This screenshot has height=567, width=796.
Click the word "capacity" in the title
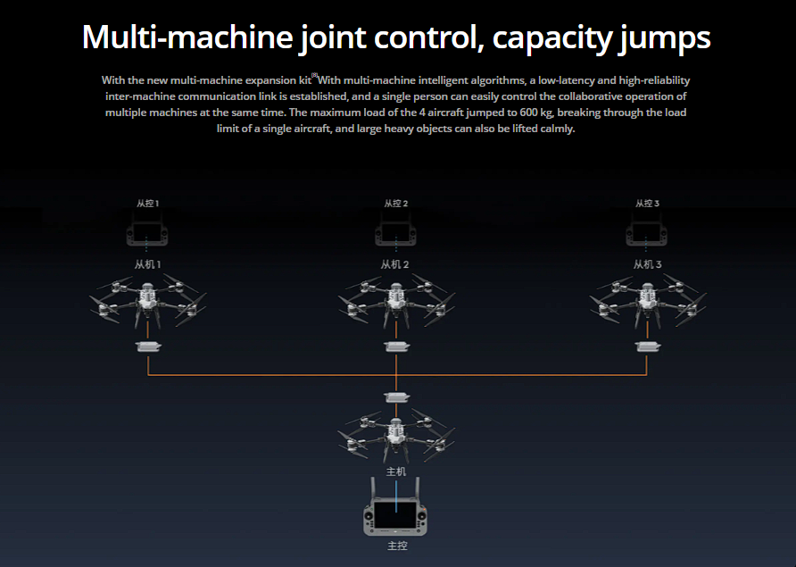pos(551,38)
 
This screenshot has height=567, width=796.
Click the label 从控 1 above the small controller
pos(147,204)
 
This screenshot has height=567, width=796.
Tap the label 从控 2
pos(396,204)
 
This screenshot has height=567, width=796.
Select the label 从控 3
pos(647,204)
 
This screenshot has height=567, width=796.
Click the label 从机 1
pos(147,264)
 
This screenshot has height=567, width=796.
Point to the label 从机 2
pos(395,264)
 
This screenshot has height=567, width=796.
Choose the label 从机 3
pos(648,264)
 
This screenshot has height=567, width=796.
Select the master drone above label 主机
pos(396,433)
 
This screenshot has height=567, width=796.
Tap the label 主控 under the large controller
pos(396,546)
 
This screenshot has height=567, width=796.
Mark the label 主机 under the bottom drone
pos(396,471)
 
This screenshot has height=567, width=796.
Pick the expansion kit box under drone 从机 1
pos(148,346)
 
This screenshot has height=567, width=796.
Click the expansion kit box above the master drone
pos(396,397)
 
